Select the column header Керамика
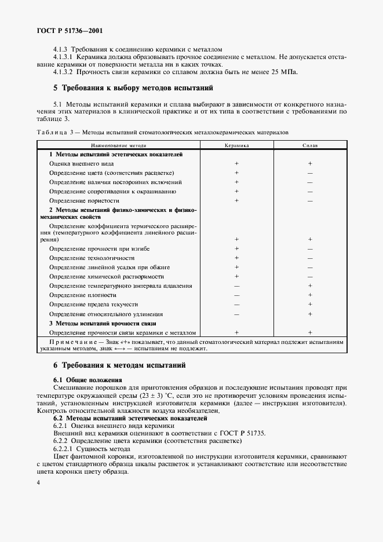point(236,146)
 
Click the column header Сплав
point(310,146)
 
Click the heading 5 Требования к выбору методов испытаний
point(133,88)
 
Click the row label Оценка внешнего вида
point(81,164)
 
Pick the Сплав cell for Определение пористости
point(310,200)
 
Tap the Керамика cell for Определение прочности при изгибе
point(236,249)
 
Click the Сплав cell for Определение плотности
point(310,295)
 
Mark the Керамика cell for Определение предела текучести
point(236,304)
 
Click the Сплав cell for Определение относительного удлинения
point(310,313)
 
